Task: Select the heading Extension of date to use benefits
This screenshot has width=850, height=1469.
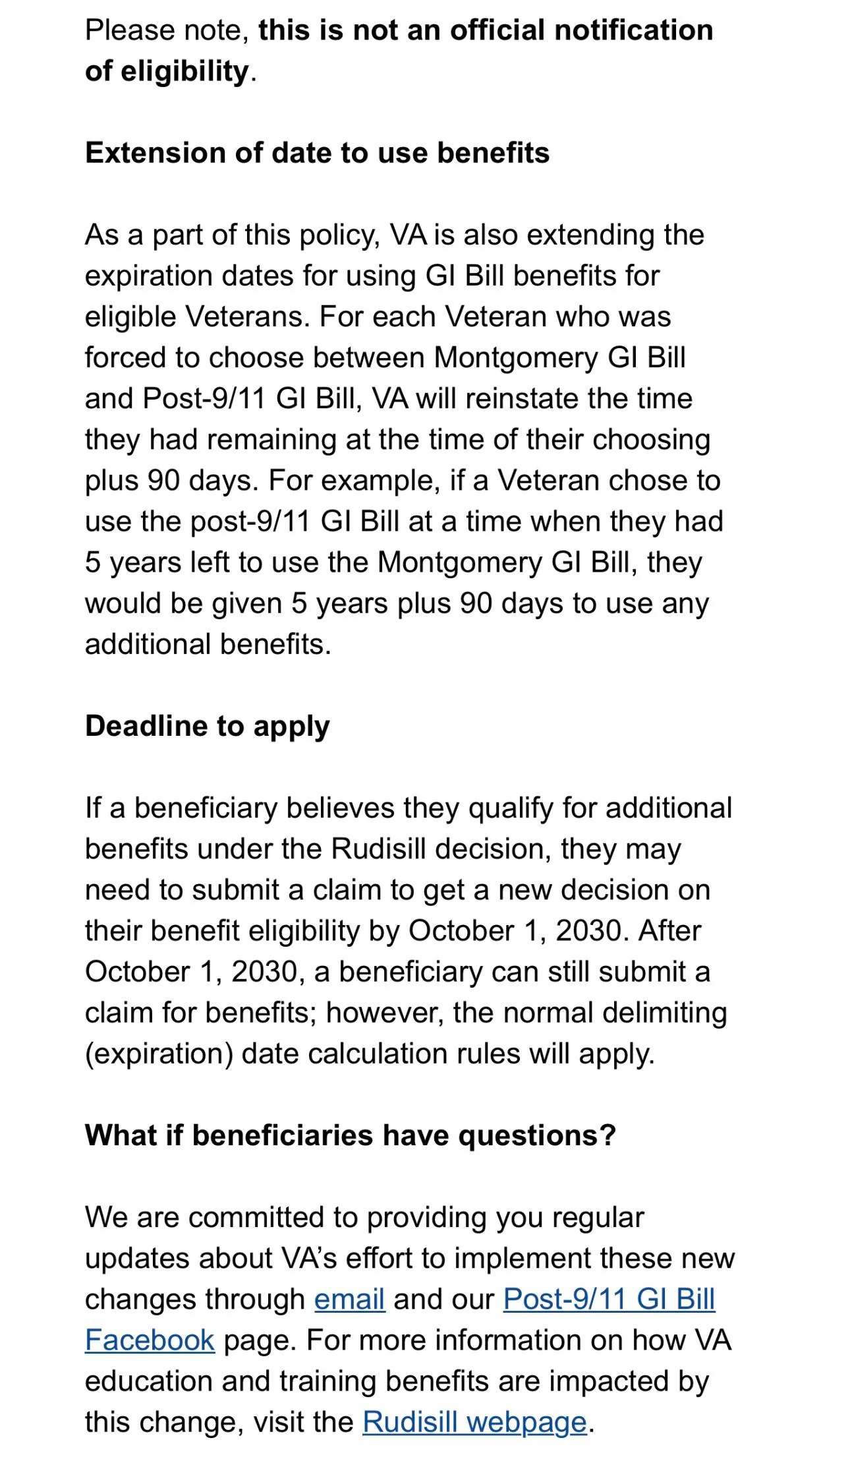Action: tap(317, 153)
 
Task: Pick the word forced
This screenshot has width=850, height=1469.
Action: tap(125, 358)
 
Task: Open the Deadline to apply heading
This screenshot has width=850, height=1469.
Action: tap(207, 726)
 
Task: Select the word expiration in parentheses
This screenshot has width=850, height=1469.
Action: tap(159, 1054)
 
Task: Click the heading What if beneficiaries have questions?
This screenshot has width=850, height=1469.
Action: tap(350, 1135)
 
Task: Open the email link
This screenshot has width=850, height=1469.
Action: tap(349, 1299)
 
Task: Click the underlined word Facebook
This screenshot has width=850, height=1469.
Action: tap(150, 1340)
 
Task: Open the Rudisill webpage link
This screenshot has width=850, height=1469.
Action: tap(474, 1422)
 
